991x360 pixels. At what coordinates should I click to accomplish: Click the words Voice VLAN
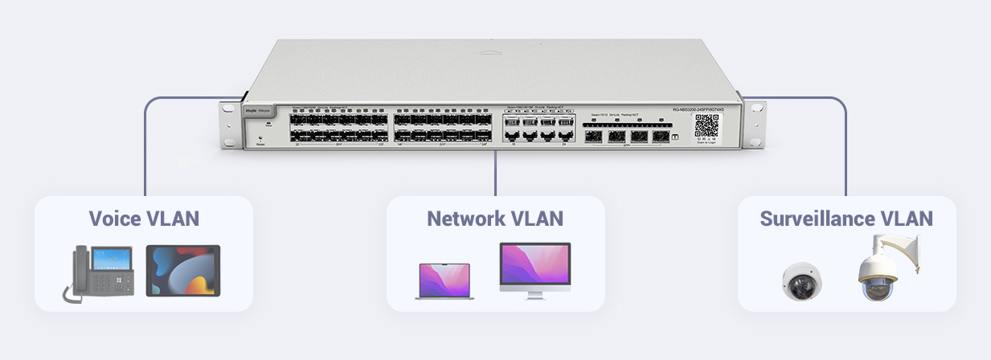tap(144, 219)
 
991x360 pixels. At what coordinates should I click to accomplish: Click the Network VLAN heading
tap(495, 219)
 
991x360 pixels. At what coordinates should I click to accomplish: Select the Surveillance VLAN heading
tap(846, 219)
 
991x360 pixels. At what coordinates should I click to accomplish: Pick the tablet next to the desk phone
tap(182, 271)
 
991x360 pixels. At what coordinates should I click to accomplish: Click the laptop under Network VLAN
tap(444, 280)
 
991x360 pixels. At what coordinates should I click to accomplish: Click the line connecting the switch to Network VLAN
tap(495, 173)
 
